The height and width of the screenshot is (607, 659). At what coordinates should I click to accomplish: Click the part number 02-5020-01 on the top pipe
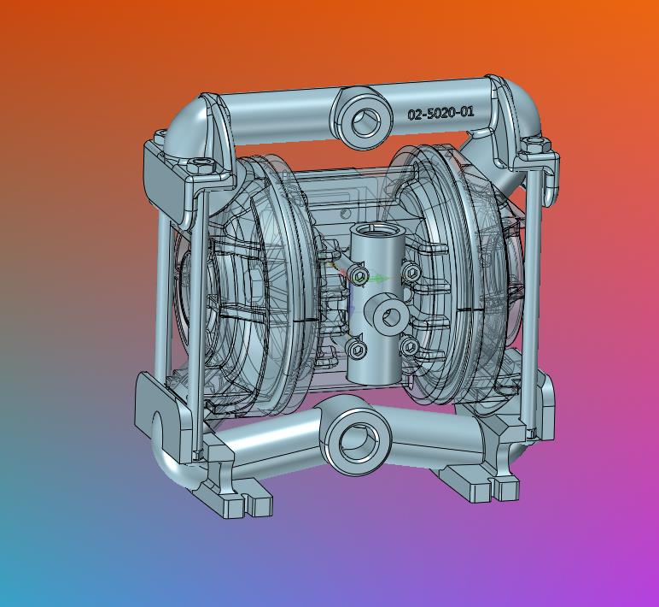pyautogui.click(x=440, y=113)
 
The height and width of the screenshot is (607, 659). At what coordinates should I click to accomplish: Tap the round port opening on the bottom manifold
pyautogui.click(x=356, y=441)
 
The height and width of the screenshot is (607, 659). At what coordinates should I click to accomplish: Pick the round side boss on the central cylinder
pyautogui.click(x=389, y=314)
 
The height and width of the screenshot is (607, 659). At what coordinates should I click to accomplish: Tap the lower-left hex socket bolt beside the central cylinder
pyautogui.click(x=357, y=349)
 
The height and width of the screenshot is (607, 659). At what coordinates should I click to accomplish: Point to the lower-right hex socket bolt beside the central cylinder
pyautogui.click(x=409, y=347)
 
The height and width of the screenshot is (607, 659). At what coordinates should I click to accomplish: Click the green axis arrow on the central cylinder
pyautogui.click(x=378, y=279)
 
